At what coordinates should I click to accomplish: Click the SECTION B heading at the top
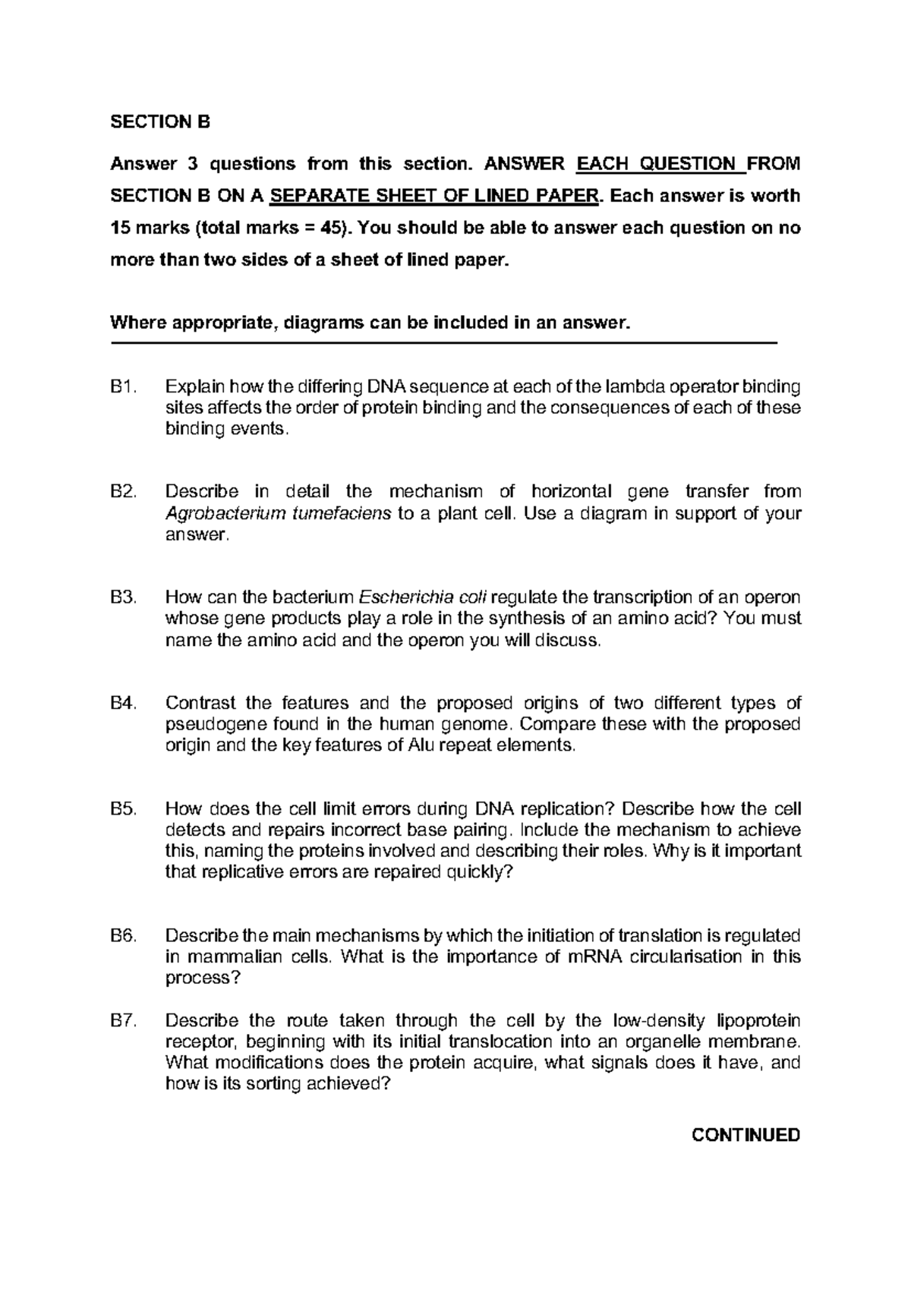[x=159, y=121]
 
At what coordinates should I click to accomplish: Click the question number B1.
[x=123, y=387]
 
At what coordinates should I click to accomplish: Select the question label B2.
[x=123, y=492]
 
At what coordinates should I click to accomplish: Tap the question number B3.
[x=123, y=597]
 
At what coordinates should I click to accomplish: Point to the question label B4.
[x=123, y=702]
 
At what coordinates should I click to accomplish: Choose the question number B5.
[x=123, y=808]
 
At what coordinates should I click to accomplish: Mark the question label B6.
[x=123, y=934]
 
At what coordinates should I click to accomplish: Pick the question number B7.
[x=123, y=1020]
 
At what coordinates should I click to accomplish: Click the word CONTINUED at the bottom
[x=746, y=1135]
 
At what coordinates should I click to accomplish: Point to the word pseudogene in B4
[x=206, y=724]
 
